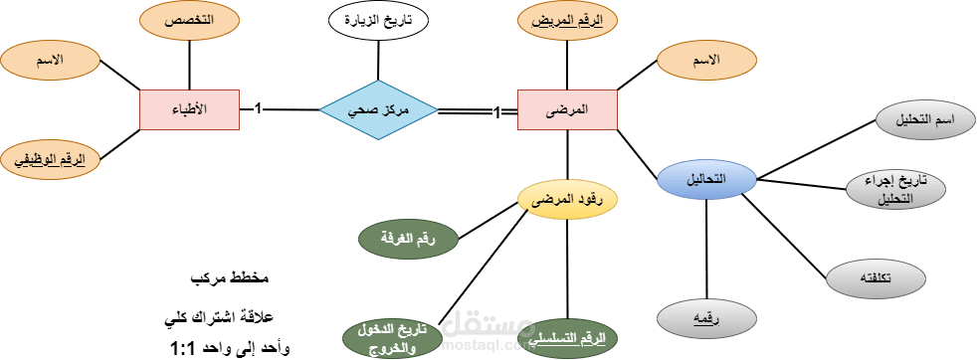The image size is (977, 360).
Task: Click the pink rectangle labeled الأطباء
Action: click(189, 108)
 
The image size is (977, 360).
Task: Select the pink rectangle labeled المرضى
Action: click(567, 109)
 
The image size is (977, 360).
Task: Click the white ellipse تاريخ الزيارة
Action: click(378, 21)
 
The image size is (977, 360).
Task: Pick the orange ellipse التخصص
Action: click(189, 21)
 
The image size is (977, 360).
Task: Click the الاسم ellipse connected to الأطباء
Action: click(50, 60)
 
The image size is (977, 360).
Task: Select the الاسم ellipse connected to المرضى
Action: click(706, 61)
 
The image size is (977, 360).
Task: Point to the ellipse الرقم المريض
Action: click(567, 21)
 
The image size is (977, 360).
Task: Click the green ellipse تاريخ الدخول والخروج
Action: click(389, 338)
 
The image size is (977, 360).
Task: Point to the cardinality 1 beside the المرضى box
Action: click(496, 115)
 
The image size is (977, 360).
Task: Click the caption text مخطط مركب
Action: click(230, 275)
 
